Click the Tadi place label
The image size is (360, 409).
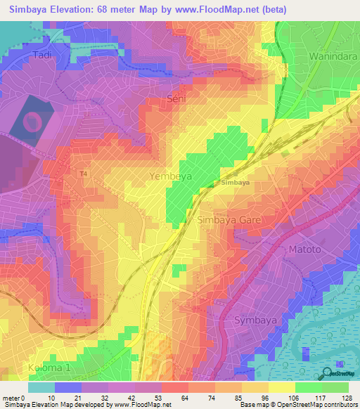pos(43,54)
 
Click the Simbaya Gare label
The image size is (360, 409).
pos(228,220)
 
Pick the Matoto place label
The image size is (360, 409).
pos(304,249)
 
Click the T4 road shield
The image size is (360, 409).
pos(84,174)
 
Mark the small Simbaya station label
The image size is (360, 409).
pos(235,183)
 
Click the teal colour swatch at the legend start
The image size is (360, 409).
pos(41,387)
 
